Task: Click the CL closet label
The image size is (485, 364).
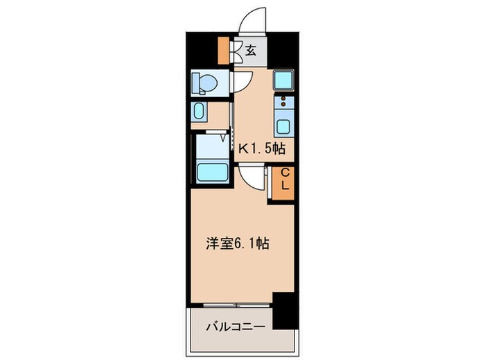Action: [284, 182]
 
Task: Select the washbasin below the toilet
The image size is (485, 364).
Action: [200, 113]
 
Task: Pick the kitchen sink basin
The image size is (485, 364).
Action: [284, 127]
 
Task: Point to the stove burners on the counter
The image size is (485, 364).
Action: [283, 104]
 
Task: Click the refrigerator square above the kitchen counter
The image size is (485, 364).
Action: [283, 80]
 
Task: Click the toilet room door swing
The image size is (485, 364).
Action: [240, 83]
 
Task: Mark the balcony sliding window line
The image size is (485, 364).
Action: [232, 304]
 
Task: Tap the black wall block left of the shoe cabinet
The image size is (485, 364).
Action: [201, 49]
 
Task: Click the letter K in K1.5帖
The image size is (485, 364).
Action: [243, 148]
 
